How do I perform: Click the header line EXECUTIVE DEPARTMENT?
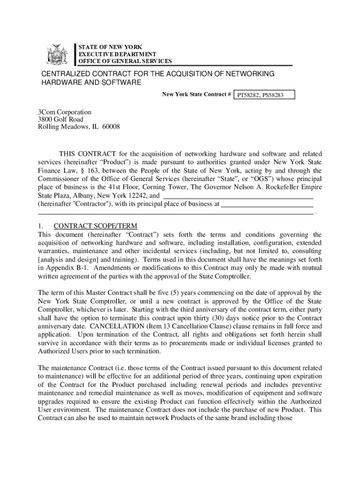pyautogui.click(x=111, y=54)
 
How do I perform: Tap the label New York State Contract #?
pyautogui.click(x=197, y=95)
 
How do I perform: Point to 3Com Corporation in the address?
pyautogui.click(x=65, y=112)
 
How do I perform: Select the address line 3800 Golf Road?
pyautogui.click(x=61, y=120)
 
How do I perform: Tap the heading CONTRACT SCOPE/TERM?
pyautogui.click(x=95, y=226)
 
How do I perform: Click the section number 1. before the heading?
pyautogui.click(x=41, y=226)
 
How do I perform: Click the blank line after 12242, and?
pyautogui.click(x=238, y=196)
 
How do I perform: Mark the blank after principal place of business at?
pyautogui.click(x=266, y=204)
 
